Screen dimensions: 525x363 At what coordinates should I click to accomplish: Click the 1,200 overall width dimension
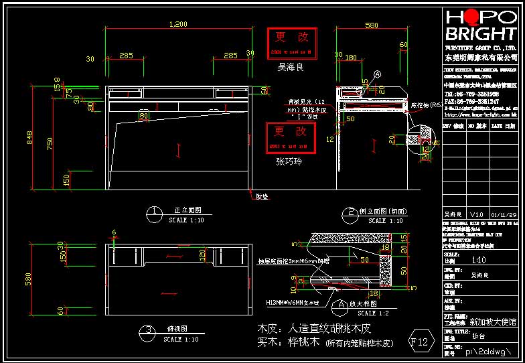(177, 24)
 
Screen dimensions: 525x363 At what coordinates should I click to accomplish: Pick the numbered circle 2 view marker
(352, 214)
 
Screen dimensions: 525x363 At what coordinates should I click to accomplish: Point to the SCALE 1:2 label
(376, 313)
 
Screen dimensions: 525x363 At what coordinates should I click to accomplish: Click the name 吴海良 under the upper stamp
(291, 68)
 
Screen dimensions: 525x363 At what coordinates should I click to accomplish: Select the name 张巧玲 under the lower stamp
(290, 161)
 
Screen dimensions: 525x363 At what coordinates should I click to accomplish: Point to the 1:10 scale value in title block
(479, 261)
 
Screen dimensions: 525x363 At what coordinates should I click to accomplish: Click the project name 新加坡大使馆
(492, 322)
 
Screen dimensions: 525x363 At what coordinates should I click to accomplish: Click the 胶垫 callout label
(261, 196)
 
